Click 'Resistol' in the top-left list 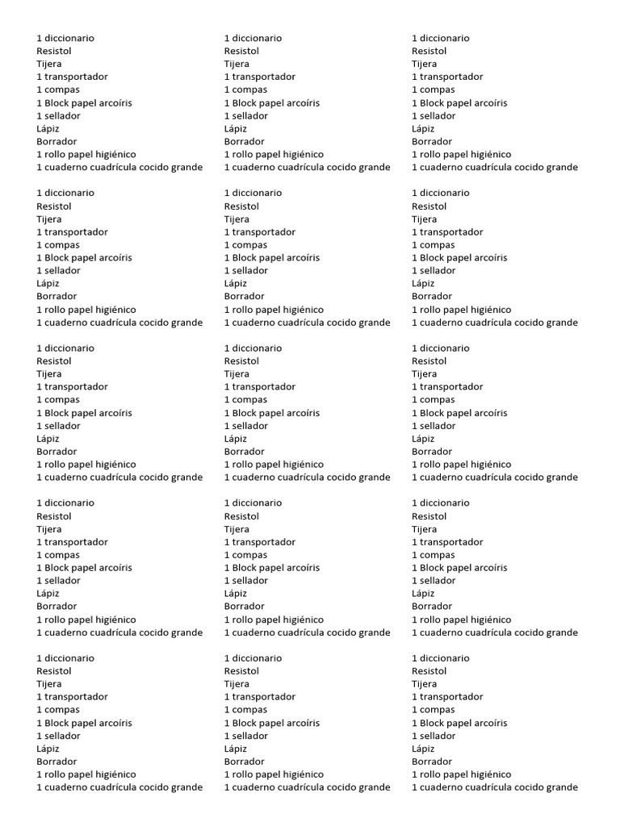pos(54,51)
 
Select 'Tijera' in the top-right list pos(425,64)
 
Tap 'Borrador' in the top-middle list pos(244,141)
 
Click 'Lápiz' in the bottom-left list pos(48,749)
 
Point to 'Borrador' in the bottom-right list pos(432,761)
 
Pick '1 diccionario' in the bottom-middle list pos(253,658)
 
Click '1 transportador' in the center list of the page pos(259,386)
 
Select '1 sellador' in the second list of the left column pos(58,270)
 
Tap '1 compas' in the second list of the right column pos(433,244)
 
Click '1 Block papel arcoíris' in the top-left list pos(84,102)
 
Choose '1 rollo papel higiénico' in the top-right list pos(461,154)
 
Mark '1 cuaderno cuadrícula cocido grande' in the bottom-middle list pos(307,787)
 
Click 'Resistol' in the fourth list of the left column pos(54,516)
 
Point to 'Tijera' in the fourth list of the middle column pos(237,529)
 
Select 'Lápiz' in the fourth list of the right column pos(423,594)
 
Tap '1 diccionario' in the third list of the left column pos(65,348)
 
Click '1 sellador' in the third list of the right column pos(434,425)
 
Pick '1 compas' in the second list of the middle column pos(245,244)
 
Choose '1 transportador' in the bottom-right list pos(447,697)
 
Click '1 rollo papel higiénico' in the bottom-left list pos(86,774)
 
